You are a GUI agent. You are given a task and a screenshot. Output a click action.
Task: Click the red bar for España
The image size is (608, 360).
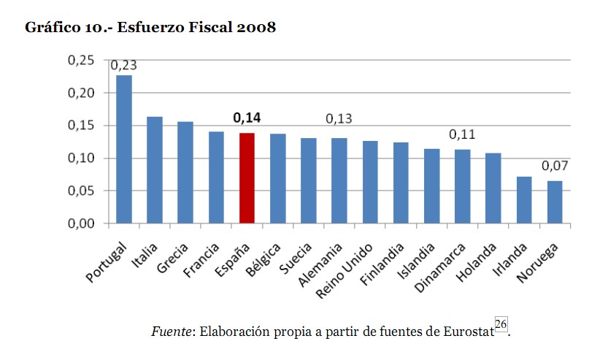(x=247, y=178)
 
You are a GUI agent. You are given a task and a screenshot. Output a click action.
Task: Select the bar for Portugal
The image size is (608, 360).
(x=124, y=150)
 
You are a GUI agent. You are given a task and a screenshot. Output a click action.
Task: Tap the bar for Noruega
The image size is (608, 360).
(x=555, y=202)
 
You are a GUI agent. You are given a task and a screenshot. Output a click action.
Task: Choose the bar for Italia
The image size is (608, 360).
(x=155, y=170)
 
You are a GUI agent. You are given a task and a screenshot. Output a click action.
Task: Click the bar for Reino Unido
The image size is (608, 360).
(x=370, y=182)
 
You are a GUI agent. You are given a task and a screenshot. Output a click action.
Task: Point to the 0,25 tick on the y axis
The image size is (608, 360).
(x=81, y=60)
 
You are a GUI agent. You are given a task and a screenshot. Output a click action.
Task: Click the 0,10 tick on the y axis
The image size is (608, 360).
(x=81, y=158)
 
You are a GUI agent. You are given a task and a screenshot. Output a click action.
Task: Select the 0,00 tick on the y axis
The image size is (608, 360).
(x=81, y=223)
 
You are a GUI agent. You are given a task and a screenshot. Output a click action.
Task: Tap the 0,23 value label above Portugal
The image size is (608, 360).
(x=123, y=65)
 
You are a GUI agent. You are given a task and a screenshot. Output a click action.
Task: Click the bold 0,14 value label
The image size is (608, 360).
(x=247, y=117)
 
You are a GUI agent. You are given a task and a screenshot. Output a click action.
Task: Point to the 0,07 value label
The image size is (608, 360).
(x=555, y=166)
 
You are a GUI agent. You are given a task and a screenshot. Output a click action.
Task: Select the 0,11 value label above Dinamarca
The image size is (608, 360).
(x=462, y=134)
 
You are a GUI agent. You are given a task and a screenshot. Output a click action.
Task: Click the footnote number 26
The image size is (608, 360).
(x=500, y=324)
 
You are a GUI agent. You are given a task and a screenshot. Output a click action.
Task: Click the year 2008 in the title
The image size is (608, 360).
(x=255, y=28)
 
